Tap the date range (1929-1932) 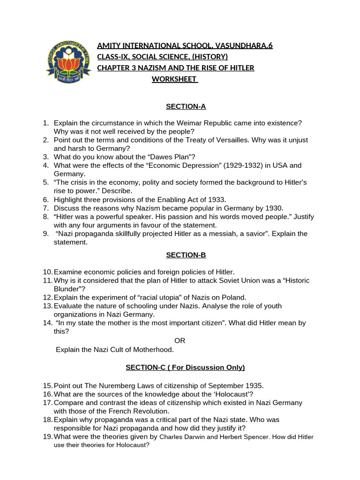(x=242, y=165)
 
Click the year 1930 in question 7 (x=274, y=208)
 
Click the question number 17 (x=47, y=402)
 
